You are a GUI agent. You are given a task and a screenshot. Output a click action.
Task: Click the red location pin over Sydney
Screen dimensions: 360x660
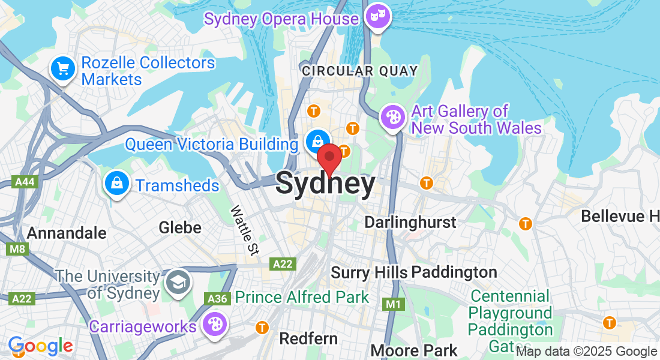329,158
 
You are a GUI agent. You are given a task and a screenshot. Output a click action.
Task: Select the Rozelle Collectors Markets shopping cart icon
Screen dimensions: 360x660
63,68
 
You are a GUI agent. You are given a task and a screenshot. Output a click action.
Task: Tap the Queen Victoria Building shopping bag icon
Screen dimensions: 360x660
315,142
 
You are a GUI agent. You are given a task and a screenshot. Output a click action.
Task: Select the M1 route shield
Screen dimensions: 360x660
393,304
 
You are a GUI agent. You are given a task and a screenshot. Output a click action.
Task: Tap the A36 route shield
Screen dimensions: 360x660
217,298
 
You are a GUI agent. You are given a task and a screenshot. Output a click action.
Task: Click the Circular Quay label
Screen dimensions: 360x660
359,71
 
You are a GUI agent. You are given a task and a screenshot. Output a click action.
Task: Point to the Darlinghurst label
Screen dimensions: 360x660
410,222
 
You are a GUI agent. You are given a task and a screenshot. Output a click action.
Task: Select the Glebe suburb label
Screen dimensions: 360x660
179,227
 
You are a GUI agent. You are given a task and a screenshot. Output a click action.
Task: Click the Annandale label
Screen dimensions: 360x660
67,233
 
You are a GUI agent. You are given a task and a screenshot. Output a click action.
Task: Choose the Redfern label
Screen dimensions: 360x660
308,338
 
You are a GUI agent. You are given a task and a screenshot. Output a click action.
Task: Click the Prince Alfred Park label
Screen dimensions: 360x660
302,297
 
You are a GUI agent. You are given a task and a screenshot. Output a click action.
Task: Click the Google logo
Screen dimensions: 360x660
40,346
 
